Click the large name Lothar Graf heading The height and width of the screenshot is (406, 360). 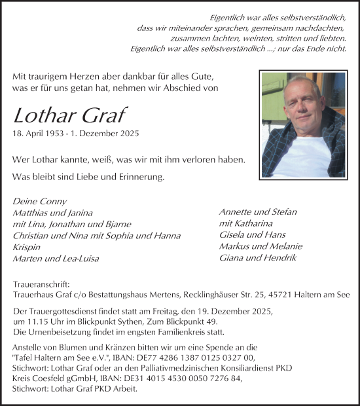(69, 115)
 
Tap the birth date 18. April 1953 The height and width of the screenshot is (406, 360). (39, 134)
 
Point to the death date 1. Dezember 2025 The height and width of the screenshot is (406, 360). (105, 134)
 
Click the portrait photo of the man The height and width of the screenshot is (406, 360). (302, 124)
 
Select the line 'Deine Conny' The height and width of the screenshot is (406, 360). (39, 201)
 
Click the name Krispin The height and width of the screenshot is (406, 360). (26, 248)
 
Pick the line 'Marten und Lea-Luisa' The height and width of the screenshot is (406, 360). (55, 259)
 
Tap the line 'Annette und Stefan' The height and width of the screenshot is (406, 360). (257, 212)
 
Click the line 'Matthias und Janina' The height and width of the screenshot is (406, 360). (52, 213)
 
